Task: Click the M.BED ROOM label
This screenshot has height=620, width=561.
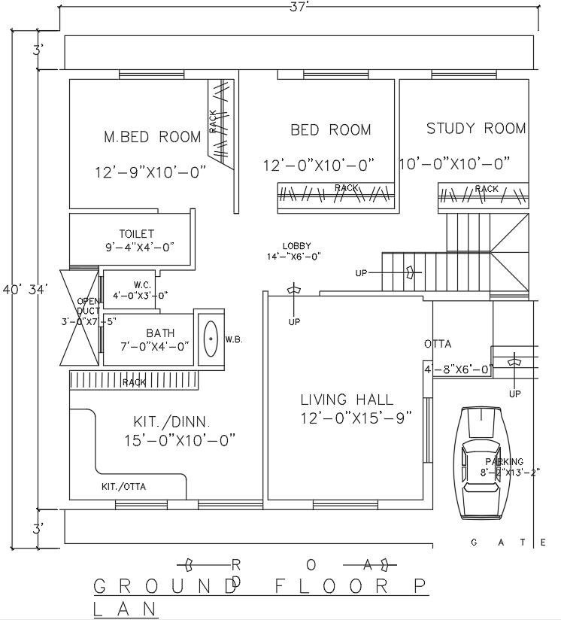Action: [152, 137]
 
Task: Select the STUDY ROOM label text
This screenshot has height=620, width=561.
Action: [476, 129]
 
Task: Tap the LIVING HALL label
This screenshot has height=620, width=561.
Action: [347, 400]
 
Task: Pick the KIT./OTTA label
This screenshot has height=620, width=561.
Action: [124, 487]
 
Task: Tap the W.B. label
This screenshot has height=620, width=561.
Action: [232, 339]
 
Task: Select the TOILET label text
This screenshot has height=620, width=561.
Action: [136, 234]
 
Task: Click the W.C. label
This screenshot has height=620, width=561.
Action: [143, 284]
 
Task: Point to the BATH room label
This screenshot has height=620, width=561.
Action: [160, 333]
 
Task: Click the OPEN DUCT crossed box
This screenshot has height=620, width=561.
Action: [80, 316]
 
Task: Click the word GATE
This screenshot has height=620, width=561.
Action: [508, 542]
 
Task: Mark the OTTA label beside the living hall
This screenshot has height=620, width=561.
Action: [438, 344]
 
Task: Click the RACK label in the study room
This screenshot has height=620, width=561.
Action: [487, 188]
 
